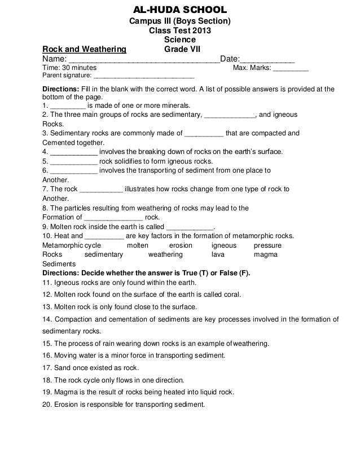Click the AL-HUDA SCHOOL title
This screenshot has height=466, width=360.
[x=179, y=10]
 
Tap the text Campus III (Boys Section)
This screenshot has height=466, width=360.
[x=181, y=21]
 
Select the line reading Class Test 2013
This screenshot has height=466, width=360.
[x=180, y=30]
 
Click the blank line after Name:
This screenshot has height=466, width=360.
[x=143, y=59]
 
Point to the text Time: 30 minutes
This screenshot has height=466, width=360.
[x=69, y=68]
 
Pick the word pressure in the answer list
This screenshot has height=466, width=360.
[x=267, y=245]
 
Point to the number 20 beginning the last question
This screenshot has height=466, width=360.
[x=47, y=405]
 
